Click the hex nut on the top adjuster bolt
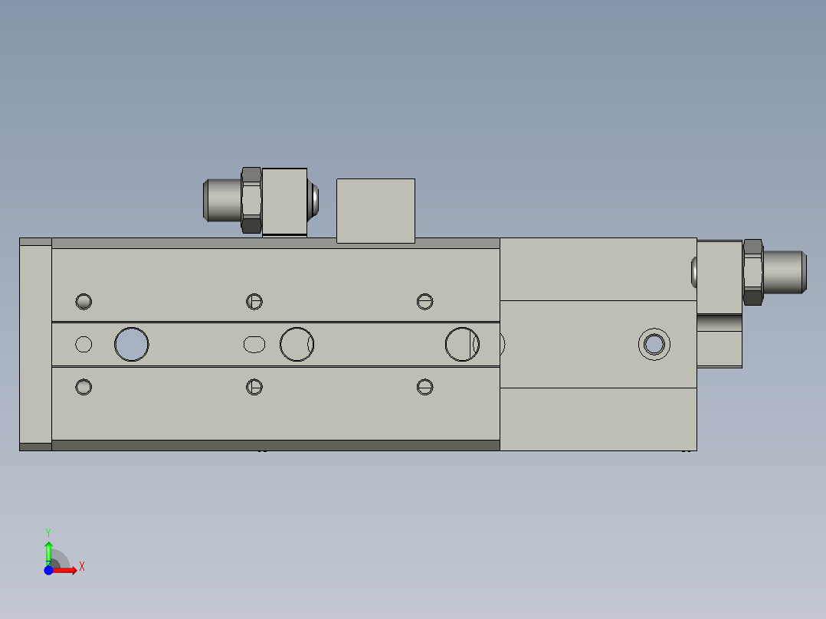tap(251, 200)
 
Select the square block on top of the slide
tap(375, 211)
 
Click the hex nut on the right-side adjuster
tap(752, 272)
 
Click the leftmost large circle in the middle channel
tap(132, 344)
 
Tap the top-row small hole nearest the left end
tap(84, 301)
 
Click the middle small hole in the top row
tap(254, 301)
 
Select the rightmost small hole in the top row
tap(425, 301)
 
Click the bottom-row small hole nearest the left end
tap(84, 387)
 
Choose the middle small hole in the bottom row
tap(254, 387)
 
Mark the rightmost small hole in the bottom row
tap(425, 387)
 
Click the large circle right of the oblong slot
tap(297, 344)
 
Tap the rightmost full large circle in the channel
tap(462, 344)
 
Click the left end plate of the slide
tap(35, 344)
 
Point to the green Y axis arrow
tap(48, 547)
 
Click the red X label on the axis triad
tap(81, 567)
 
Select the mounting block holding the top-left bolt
tap(284, 201)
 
